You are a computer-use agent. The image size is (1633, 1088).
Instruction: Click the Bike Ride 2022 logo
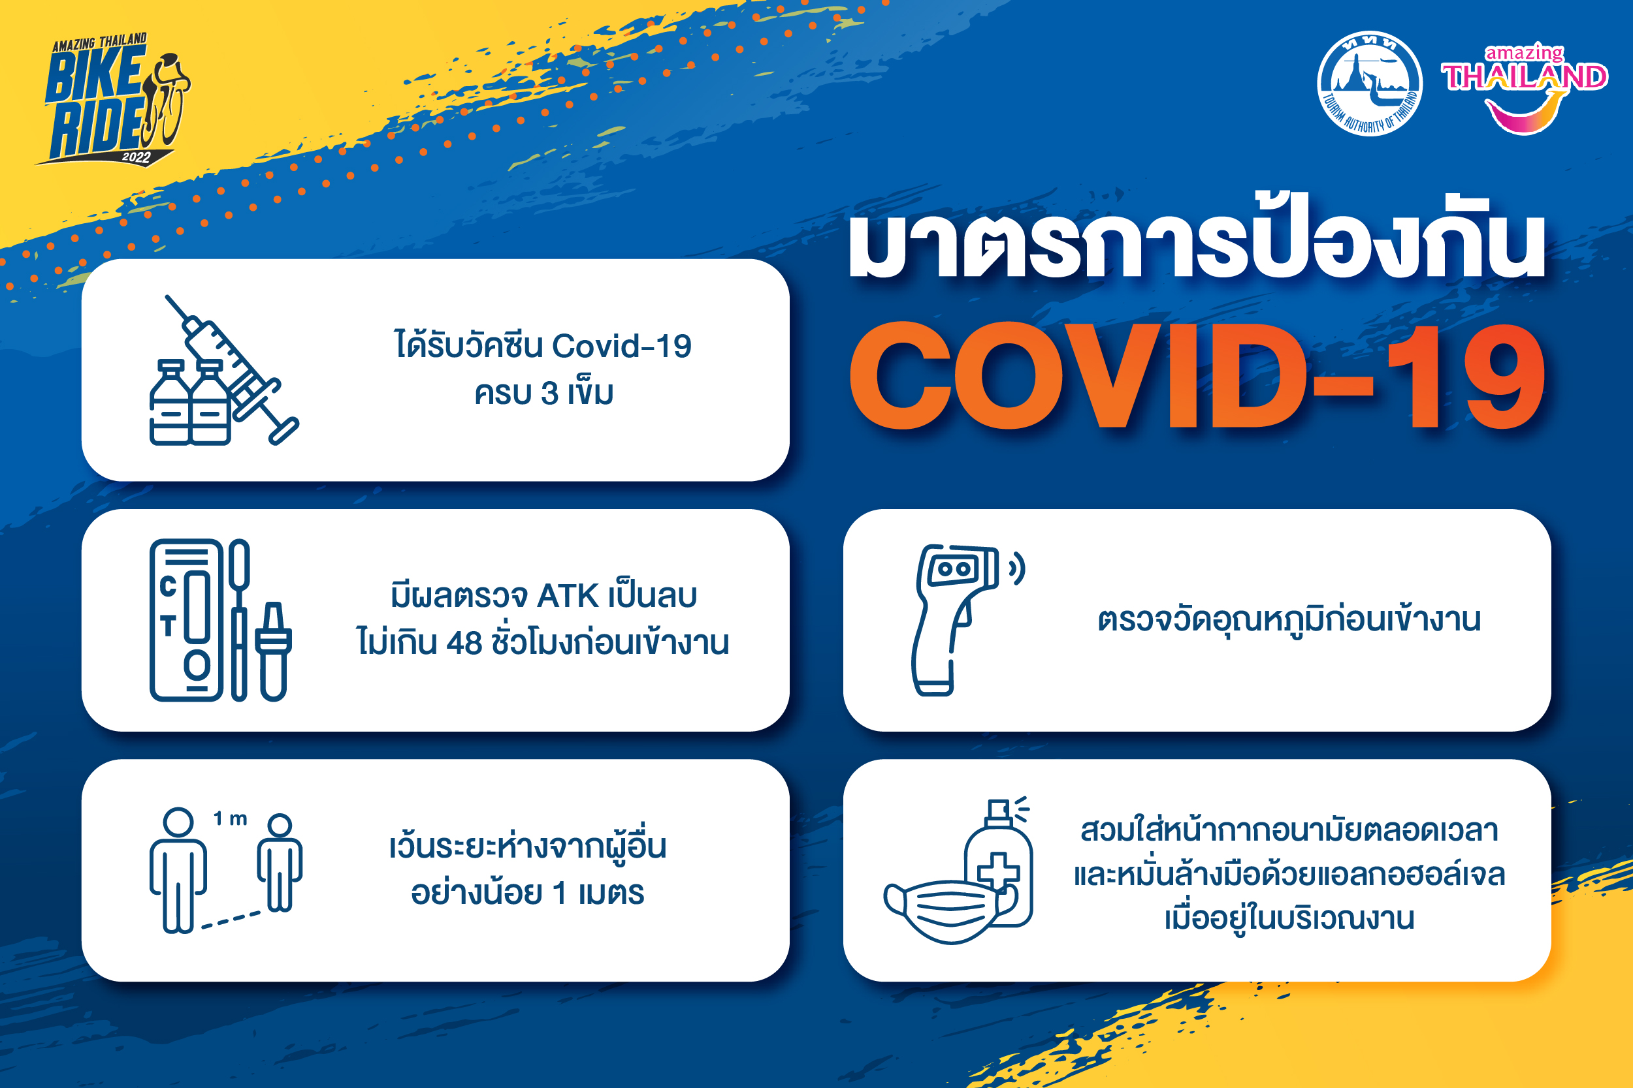tap(113, 99)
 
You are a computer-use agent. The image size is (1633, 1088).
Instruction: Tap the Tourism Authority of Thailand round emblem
tap(1369, 84)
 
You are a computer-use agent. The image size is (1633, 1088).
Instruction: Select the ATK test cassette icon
tap(186, 620)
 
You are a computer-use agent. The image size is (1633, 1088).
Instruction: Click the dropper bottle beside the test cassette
tap(274, 651)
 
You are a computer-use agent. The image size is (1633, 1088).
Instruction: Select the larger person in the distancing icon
tap(178, 870)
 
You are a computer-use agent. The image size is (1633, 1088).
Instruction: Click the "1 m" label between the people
tap(231, 819)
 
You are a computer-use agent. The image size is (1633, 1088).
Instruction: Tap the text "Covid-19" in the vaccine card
tap(622, 345)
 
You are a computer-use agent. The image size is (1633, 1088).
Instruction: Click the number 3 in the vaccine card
tap(550, 394)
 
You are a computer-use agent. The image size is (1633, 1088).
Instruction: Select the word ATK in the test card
tap(568, 596)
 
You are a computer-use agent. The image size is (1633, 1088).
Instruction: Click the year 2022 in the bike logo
tap(136, 157)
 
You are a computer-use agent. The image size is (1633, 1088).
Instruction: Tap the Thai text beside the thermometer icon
tap(1289, 618)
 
